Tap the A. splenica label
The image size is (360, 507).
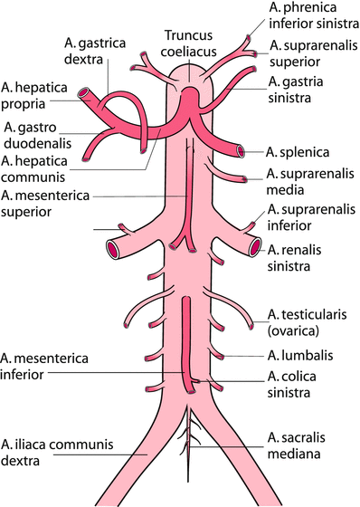tap(298, 150)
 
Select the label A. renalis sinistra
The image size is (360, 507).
tap(299, 258)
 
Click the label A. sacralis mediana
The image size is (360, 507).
tap(305, 445)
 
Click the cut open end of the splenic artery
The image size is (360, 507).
tap(242, 151)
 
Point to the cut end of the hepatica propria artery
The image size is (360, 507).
tap(83, 95)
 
